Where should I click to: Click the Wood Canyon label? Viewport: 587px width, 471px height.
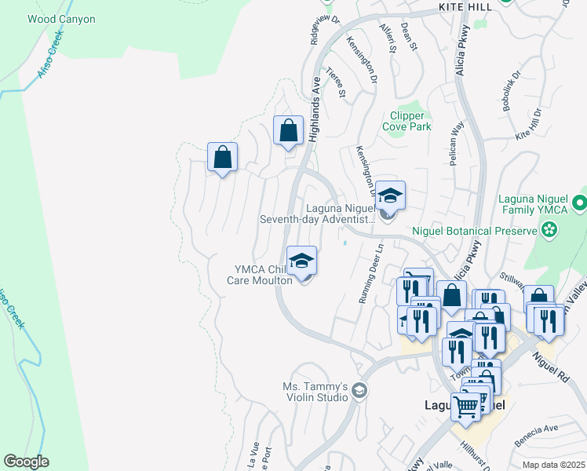pos(61,19)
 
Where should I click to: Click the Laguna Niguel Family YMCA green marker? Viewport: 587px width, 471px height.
pos(580,203)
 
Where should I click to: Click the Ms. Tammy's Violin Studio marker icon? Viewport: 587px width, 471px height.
pos(359,391)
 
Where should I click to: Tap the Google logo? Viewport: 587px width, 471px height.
pos(26,462)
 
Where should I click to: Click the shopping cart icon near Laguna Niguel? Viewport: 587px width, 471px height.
pos(465,407)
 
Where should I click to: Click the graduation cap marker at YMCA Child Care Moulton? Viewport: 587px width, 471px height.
pos(301,261)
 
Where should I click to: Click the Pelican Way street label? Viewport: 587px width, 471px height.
pos(457,134)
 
